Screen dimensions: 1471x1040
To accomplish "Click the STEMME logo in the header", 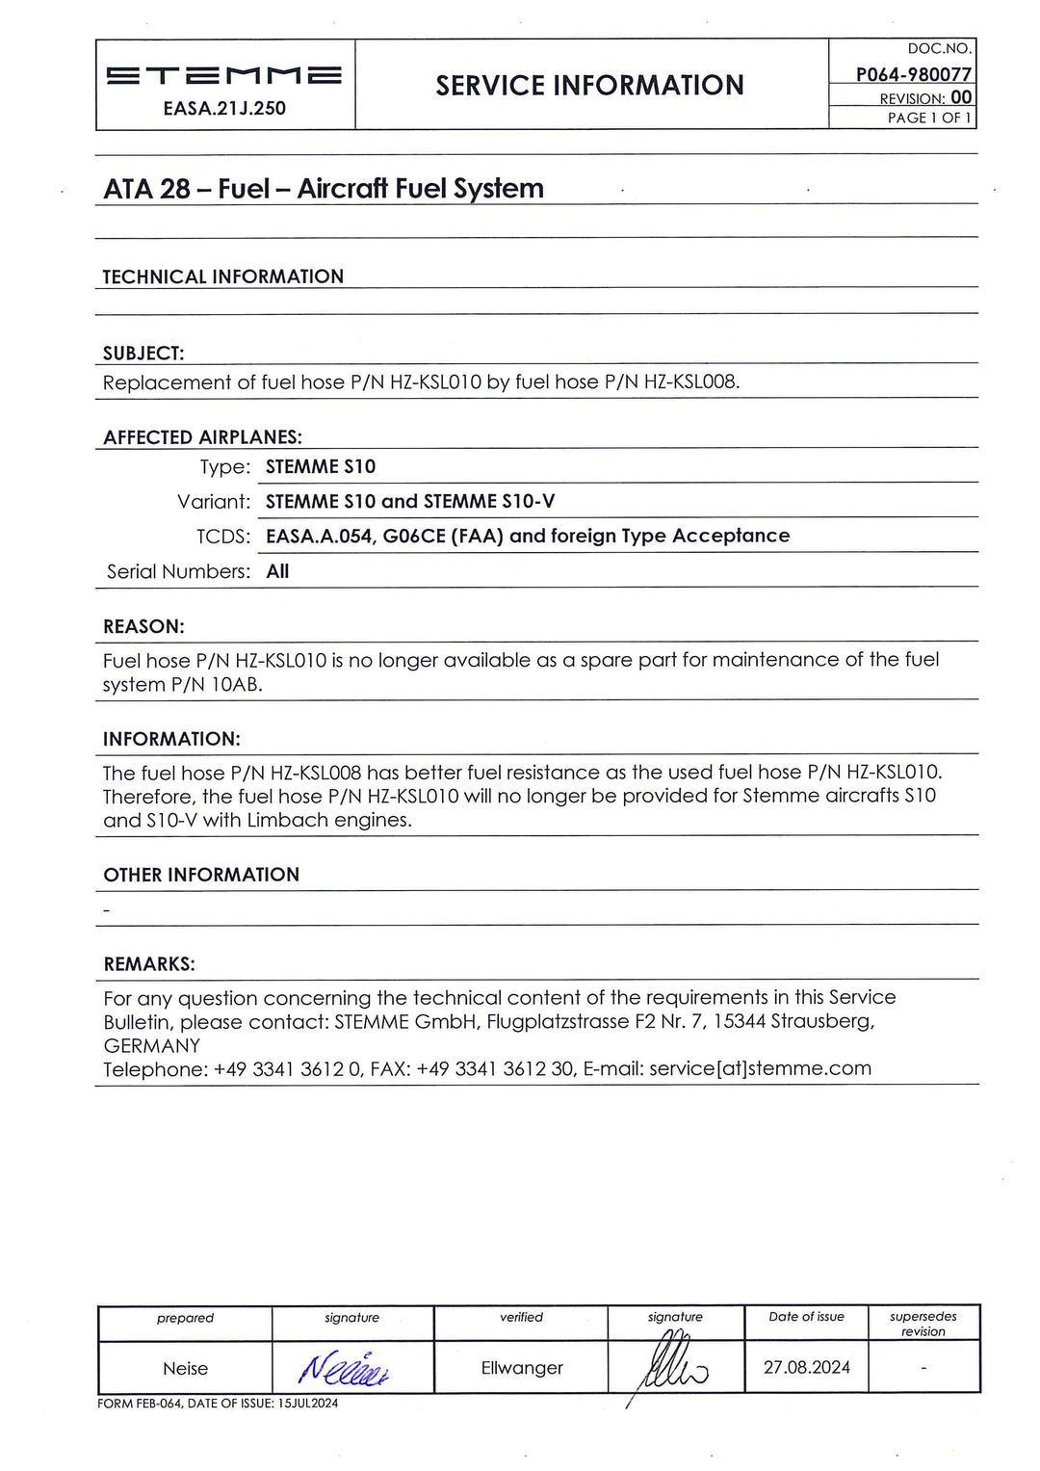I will (x=223, y=75).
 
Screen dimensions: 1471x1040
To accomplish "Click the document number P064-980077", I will (x=913, y=74).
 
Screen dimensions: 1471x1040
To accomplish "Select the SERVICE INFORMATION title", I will (x=589, y=86).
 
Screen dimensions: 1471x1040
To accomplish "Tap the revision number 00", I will (x=961, y=97).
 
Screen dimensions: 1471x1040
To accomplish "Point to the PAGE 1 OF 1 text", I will (x=929, y=118).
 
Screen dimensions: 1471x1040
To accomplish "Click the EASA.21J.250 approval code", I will (x=224, y=109).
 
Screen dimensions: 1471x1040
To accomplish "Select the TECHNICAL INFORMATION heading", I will (x=222, y=277).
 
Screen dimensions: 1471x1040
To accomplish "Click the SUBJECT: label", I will (x=143, y=354).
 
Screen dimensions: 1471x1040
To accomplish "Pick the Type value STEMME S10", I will (x=321, y=467).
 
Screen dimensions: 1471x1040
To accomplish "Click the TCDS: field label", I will (x=223, y=537).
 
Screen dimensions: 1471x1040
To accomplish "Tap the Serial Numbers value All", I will (x=277, y=571).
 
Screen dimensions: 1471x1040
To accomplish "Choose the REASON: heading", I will (x=143, y=627).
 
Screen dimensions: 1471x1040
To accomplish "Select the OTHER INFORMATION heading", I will (x=201, y=875).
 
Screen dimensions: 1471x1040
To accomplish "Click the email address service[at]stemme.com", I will (x=760, y=1068).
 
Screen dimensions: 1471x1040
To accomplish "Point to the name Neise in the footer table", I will (x=185, y=1369).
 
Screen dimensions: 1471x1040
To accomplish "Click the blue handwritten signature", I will (x=344, y=1369).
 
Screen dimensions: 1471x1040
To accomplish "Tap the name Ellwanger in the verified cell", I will (x=522, y=1368).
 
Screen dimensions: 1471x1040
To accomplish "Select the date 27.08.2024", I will (x=807, y=1367).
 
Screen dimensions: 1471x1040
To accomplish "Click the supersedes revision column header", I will (x=923, y=1324).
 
